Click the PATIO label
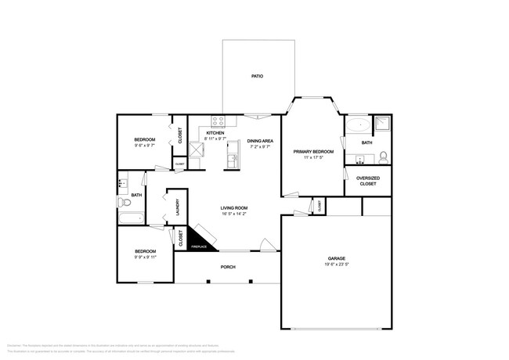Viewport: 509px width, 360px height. point(256,77)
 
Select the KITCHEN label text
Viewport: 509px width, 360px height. point(215,133)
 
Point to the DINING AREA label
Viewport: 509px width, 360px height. point(260,141)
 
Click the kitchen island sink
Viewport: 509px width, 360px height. point(233,161)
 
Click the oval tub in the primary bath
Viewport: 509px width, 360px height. point(359,124)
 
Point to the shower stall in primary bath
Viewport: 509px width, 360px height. point(381,124)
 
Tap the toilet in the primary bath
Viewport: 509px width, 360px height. point(383,157)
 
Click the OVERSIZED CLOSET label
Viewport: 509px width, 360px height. point(368,181)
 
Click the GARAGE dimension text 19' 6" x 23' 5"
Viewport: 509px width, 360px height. point(337,265)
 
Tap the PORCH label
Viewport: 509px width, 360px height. point(228,266)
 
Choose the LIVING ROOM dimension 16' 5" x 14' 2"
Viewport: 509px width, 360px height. point(234,214)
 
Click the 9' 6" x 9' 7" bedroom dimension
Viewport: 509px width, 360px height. point(144,146)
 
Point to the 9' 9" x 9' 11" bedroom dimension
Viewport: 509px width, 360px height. point(145,257)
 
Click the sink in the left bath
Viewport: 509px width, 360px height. point(121,185)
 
